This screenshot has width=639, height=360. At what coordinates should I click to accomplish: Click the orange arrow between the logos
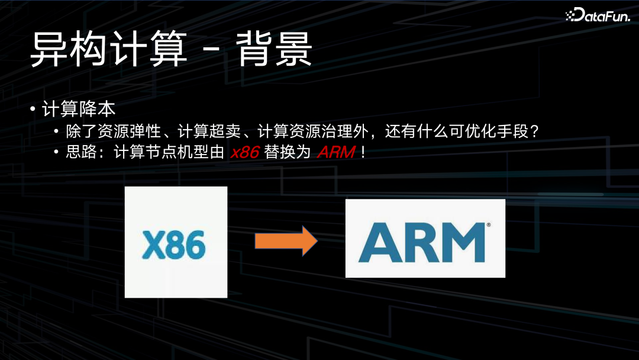tap(286, 241)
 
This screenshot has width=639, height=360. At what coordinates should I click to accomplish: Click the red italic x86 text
tap(245, 152)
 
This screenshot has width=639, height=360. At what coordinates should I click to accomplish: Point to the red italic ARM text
tap(336, 152)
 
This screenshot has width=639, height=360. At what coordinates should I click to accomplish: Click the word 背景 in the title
tap(274, 50)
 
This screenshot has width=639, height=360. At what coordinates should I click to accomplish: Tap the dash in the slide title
tap(211, 51)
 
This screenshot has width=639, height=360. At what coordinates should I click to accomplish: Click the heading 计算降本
tap(78, 110)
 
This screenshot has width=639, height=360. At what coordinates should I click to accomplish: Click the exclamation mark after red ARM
tap(363, 152)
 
